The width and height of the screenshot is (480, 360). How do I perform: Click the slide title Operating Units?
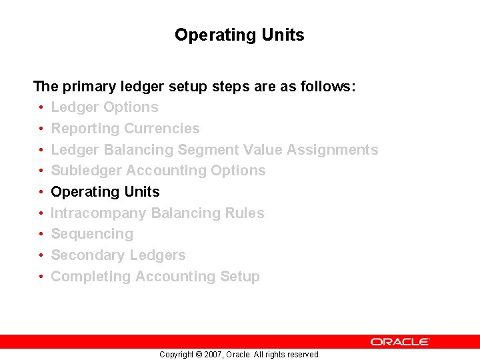(239, 35)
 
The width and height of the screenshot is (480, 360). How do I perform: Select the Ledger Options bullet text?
(105, 107)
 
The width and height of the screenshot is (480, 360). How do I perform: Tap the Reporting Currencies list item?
(125, 129)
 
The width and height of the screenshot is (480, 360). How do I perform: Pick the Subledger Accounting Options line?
(158, 171)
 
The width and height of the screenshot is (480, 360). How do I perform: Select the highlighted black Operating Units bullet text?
(105, 192)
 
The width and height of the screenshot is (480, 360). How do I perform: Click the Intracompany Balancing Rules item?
(157, 213)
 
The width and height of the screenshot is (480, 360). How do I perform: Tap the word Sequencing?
(92, 234)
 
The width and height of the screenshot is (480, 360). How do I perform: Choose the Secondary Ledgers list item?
(118, 255)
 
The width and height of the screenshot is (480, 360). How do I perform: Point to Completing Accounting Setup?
(155, 277)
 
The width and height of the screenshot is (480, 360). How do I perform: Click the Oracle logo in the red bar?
(400, 341)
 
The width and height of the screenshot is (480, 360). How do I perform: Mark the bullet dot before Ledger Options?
(41, 108)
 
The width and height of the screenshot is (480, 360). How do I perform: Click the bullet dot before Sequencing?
(41, 235)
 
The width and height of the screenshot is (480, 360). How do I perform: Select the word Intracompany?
(99, 213)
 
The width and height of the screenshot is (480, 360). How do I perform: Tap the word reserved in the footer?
(303, 355)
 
